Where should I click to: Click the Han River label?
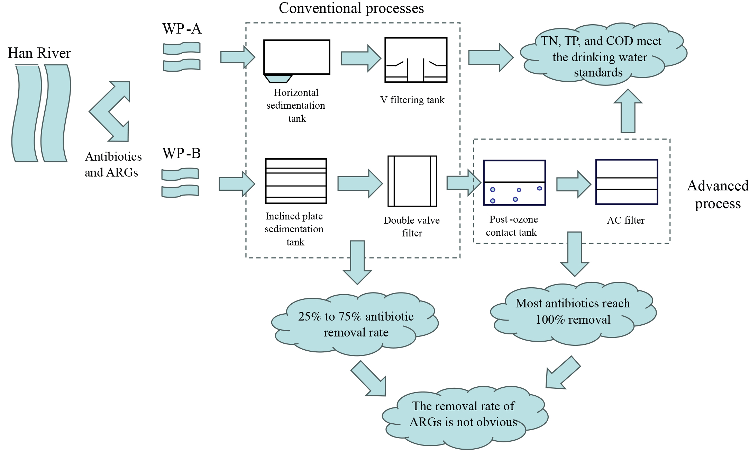[39, 53]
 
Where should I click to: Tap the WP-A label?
[182, 29]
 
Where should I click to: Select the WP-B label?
[182, 153]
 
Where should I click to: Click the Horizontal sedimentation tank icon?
[296, 59]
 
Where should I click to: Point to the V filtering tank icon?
[416, 60]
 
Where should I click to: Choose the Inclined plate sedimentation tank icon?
[296, 181]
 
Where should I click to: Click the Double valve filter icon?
[412, 181]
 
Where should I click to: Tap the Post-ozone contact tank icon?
[514, 183]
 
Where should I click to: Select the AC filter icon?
[626, 182]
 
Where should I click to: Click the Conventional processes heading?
[351, 8]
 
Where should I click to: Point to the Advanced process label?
[718, 195]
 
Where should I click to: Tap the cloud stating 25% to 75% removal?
[355, 324]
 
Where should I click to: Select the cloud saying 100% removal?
[573, 312]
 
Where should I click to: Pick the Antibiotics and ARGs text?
[113, 164]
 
